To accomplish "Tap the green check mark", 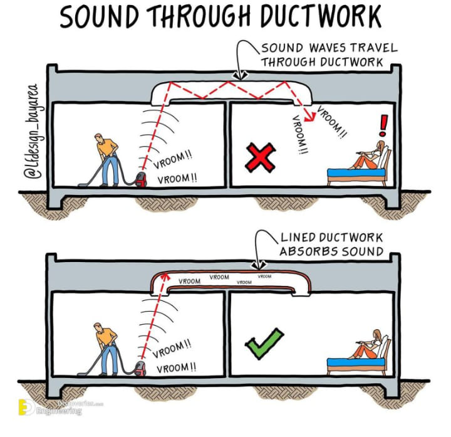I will (x=262, y=344).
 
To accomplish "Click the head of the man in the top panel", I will (x=99, y=138).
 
